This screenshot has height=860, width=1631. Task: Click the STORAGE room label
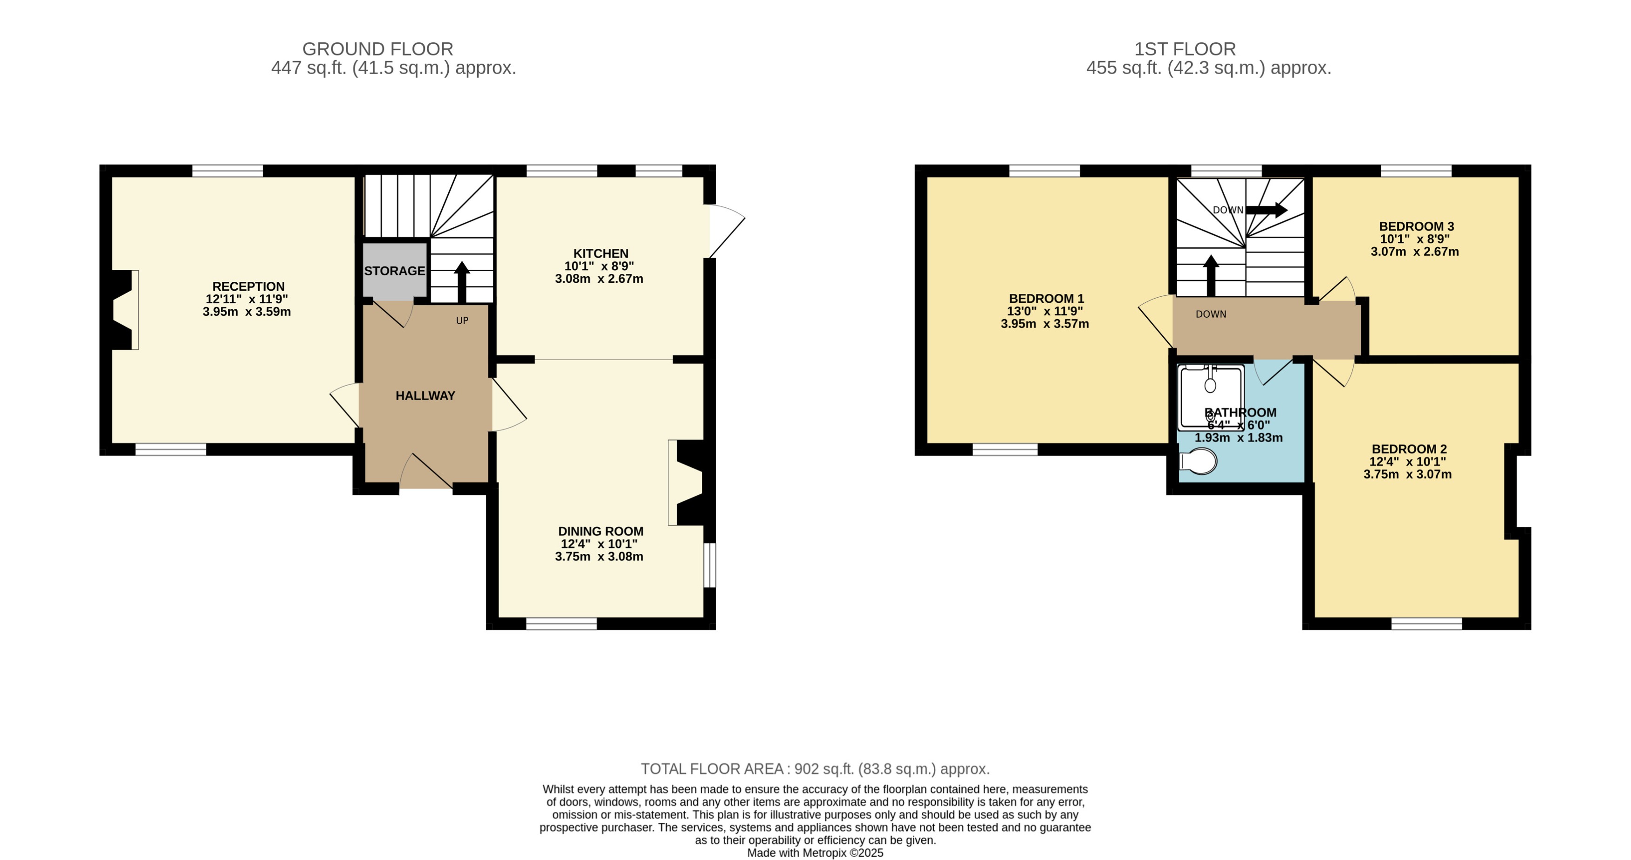click(394, 271)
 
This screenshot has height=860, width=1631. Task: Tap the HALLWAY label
click(425, 396)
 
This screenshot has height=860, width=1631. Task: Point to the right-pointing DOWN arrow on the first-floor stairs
click(1266, 210)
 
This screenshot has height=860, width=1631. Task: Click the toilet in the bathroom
click(1199, 461)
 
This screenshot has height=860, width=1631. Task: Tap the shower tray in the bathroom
click(1211, 398)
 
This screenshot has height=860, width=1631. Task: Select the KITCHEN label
click(600, 253)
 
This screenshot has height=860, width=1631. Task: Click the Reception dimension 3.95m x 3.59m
click(247, 311)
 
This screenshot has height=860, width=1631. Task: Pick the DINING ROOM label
click(600, 532)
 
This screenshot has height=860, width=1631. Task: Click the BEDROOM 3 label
click(1416, 226)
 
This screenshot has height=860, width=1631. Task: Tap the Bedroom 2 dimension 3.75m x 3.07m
click(1407, 474)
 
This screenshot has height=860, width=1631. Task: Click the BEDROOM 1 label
click(1046, 298)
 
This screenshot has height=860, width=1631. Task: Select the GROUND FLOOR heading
click(377, 49)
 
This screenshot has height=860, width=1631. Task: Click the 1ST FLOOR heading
click(1184, 49)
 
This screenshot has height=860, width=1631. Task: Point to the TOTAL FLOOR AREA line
click(815, 769)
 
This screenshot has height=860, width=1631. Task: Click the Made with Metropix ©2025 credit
click(815, 853)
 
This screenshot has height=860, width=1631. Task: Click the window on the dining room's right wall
click(710, 565)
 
